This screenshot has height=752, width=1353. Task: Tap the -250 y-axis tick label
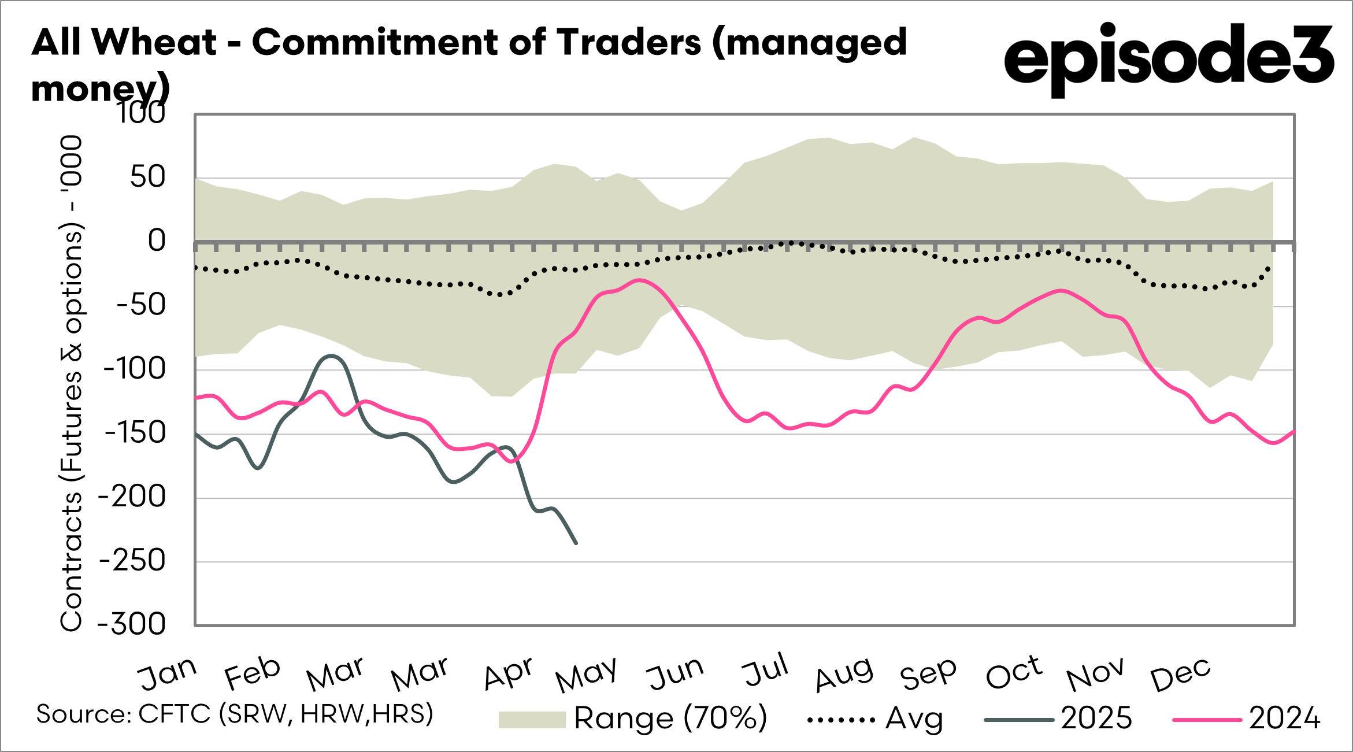click(133, 561)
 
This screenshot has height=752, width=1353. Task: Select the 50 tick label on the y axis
click(147, 177)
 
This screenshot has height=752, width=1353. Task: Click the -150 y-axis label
click(134, 433)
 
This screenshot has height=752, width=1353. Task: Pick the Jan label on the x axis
click(167, 674)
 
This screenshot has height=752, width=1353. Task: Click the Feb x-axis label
click(252, 674)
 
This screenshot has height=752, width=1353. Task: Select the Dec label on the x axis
click(1180, 674)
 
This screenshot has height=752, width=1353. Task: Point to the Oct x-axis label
click(1014, 673)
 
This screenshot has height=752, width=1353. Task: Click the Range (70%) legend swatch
click(532, 720)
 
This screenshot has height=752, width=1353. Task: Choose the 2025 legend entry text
click(1096, 718)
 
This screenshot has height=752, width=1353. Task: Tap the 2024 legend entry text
click(1284, 718)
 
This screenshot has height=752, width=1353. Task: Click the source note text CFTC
click(175, 714)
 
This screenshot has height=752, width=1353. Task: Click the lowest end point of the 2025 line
click(576, 543)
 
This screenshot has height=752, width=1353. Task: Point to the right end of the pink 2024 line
click(1293, 431)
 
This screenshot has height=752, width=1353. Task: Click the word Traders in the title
click(629, 42)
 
